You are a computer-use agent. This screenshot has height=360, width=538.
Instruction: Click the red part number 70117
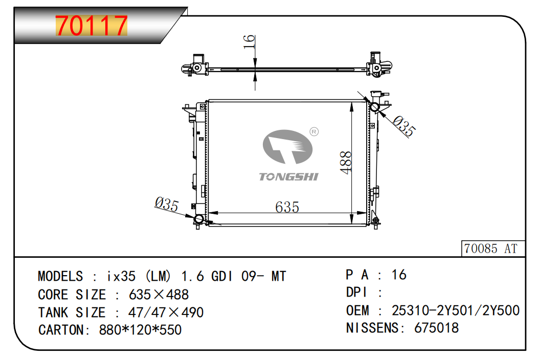pyautogui.click(x=91, y=26)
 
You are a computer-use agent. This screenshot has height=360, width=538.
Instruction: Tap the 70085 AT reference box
pyautogui.click(x=493, y=249)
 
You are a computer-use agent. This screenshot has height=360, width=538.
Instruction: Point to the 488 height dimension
pyautogui.click(x=346, y=163)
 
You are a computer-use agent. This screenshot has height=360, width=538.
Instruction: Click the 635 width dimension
pyautogui.click(x=287, y=207)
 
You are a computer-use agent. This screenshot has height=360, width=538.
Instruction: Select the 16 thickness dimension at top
pyautogui.click(x=249, y=42)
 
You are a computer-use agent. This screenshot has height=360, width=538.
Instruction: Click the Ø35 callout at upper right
pyautogui.click(x=404, y=126)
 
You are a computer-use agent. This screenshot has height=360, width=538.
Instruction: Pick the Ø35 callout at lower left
pyautogui.click(x=166, y=204)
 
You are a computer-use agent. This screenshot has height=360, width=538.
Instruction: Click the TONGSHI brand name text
pyautogui.click(x=288, y=177)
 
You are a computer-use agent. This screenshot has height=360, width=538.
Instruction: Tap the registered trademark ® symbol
pyautogui.click(x=314, y=132)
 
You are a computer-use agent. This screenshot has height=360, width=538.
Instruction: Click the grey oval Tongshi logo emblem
pyautogui.click(x=287, y=147)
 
